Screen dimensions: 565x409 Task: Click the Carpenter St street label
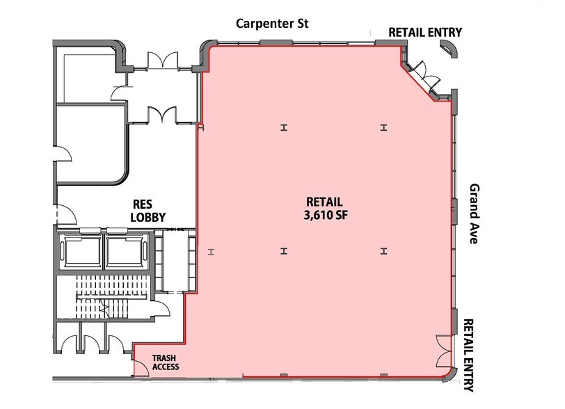tap(272, 24)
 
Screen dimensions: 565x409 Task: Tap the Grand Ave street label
tap(475, 214)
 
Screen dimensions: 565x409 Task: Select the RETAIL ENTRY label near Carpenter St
tap(425, 33)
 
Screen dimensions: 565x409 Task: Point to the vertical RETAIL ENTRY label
tap(468, 355)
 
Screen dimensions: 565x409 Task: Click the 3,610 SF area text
tap(326, 215)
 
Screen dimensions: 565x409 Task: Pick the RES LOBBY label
tap(148, 211)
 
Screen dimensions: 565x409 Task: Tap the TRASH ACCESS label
tap(166, 362)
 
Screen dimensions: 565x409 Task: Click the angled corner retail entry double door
tap(425, 76)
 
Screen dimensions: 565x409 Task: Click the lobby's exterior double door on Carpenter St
tap(163, 61)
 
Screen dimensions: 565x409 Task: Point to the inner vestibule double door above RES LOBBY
tap(162, 115)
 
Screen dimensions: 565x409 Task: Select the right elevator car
tap(125, 251)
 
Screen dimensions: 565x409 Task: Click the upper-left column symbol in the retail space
tap(284, 127)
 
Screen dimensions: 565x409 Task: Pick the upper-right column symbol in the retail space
tap(384, 127)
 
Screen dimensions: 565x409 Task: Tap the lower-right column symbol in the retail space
tap(384, 251)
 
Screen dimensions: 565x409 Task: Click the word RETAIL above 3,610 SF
tap(324, 202)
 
